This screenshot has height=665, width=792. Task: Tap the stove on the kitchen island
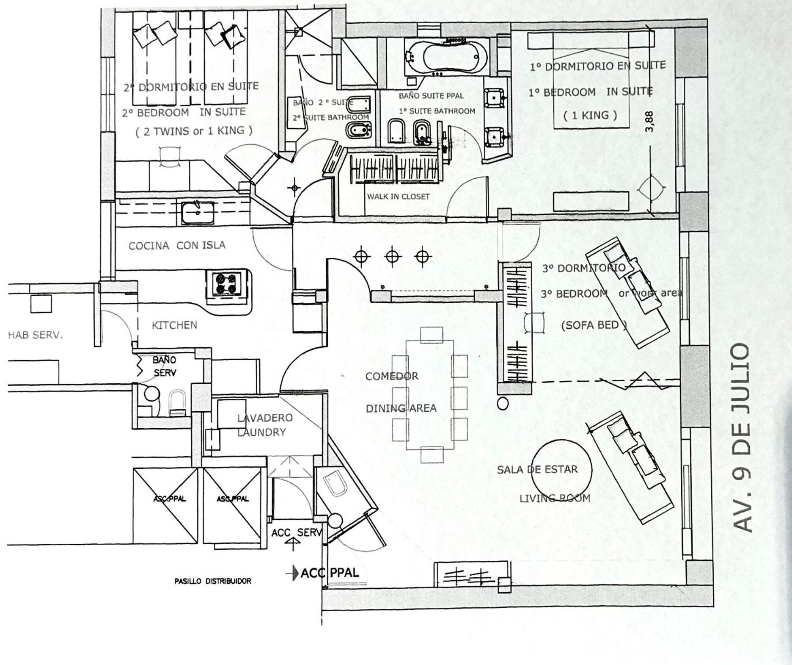[226, 284]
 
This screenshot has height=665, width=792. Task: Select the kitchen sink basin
[198, 213]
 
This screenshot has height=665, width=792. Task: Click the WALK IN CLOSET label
[398, 197]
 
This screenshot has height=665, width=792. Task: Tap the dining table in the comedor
[430, 395]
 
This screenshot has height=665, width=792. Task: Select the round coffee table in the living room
[561, 469]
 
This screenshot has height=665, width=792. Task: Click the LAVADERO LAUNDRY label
[265, 425]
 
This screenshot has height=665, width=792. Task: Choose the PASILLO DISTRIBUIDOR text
[212, 581]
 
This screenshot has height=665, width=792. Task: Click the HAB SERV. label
[35, 335]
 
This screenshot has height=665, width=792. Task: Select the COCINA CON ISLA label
[177, 246]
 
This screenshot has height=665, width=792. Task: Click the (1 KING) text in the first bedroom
[590, 115]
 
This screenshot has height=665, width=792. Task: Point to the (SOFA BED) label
[594, 325]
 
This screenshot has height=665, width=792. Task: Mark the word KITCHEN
[174, 325]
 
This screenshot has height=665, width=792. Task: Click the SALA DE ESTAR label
[537, 469]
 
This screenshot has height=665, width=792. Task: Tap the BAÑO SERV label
[165, 366]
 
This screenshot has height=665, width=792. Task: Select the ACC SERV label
[297, 532]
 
